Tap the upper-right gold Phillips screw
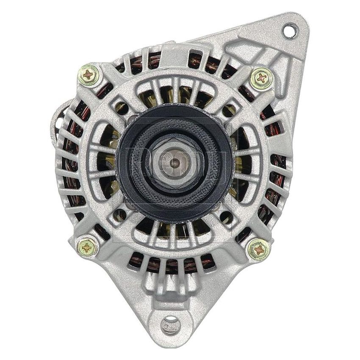click(261, 79)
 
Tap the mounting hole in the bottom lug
click(171, 324)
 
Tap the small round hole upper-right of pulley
click(229, 111)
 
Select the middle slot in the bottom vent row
click(172, 264)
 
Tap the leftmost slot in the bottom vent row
click(136, 259)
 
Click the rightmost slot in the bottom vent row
click(208, 261)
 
